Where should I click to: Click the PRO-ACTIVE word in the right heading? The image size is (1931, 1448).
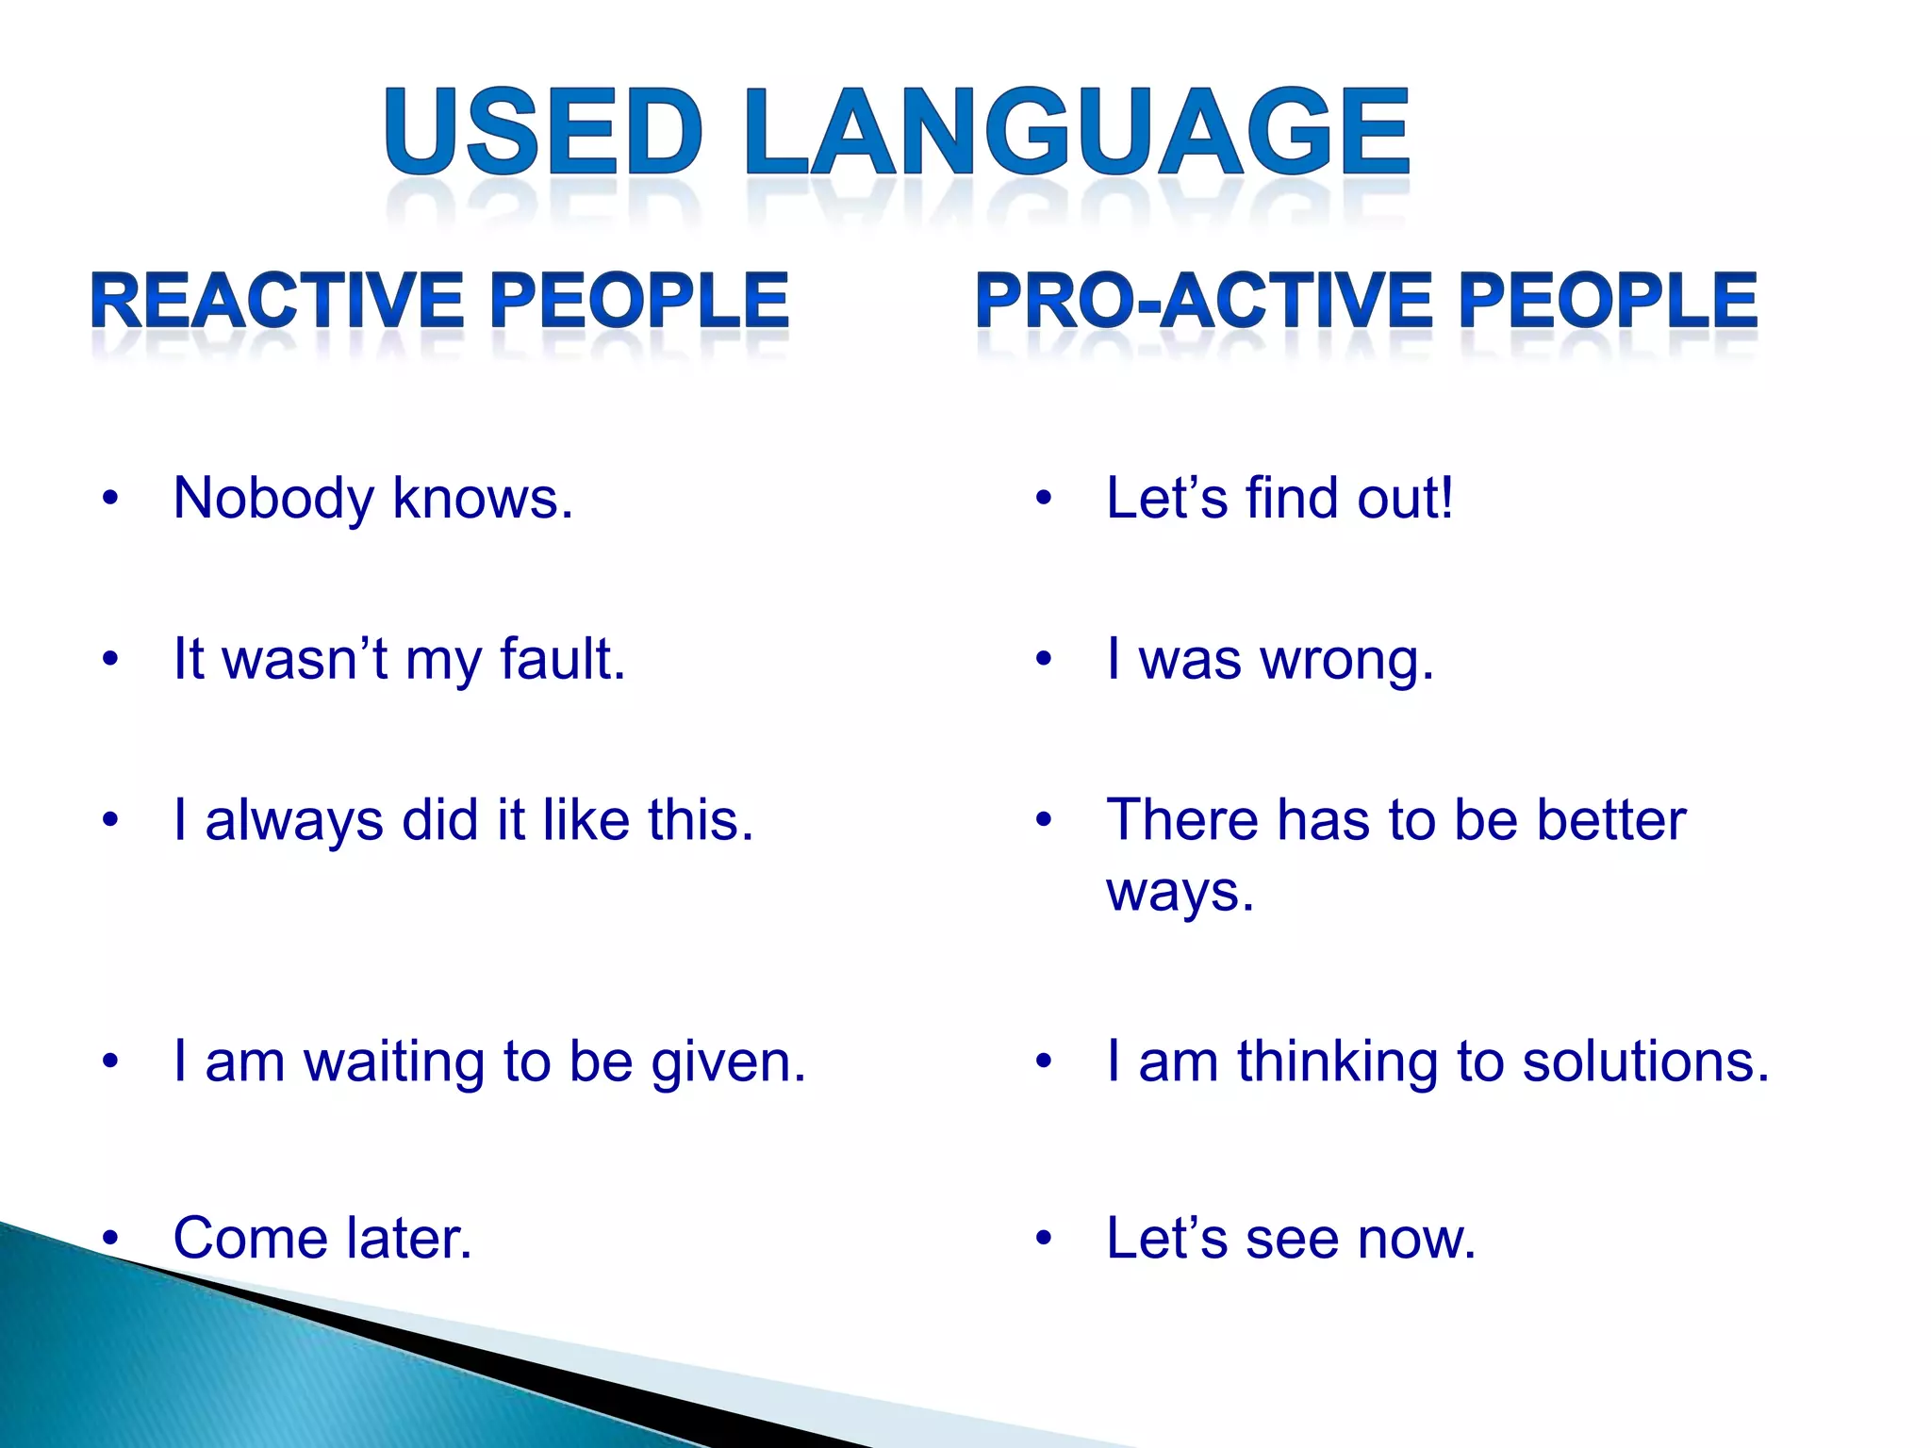(1208, 301)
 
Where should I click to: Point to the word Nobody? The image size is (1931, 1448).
(273, 499)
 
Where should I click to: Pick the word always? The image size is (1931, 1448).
(294, 821)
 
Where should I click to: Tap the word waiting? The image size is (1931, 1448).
(393, 1061)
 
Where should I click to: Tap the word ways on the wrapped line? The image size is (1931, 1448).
(1180, 893)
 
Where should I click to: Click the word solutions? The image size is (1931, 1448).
(1645, 1061)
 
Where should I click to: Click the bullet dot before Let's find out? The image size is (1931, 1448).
(1043, 499)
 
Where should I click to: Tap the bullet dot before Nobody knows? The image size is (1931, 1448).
(110, 499)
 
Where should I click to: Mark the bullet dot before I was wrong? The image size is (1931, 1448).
(1043, 659)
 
